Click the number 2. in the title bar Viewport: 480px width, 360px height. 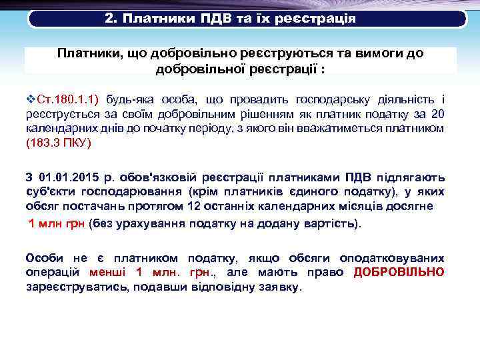click(111, 18)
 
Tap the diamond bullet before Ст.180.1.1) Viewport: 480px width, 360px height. click(30, 99)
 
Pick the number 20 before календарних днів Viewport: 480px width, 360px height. click(437, 114)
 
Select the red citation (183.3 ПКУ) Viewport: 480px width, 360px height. click(58, 143)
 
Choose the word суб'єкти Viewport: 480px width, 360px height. click(48, 192)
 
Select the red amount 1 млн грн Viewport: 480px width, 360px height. click(56, 223)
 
